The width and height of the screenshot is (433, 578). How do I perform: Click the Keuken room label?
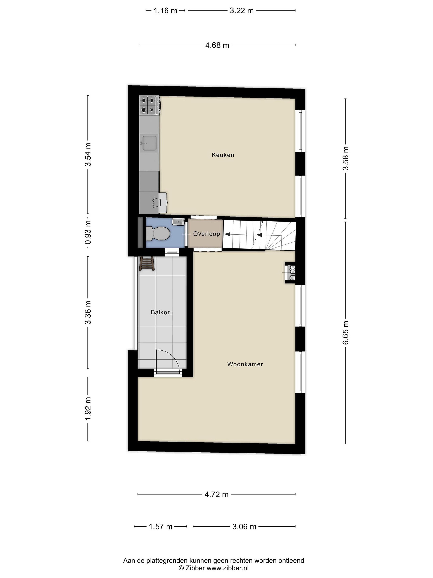click(223, 155)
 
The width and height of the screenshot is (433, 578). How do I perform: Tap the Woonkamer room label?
click(245, 364)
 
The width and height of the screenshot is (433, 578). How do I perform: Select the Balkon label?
click(161, 312)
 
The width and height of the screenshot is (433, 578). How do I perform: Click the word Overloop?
click(206, 234)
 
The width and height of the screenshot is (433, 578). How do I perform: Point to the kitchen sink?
click(149, 143)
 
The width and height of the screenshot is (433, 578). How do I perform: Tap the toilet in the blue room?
click(157, 234)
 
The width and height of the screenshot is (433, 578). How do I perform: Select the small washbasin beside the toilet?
click(178, 222)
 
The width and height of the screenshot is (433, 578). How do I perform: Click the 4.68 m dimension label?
click(217, 46)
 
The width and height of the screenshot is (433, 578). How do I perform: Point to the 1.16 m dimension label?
click(165, 11)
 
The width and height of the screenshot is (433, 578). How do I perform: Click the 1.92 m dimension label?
click(88, 408)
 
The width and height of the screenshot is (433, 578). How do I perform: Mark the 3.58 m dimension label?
click(346, 158)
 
